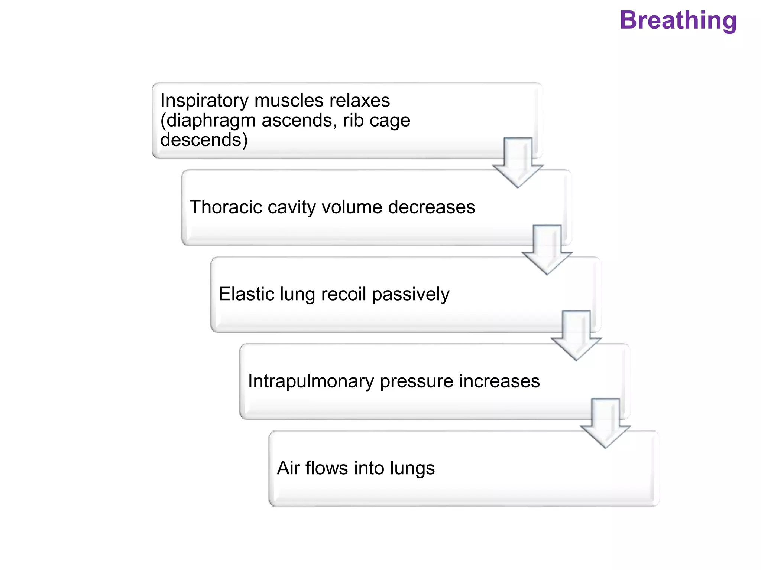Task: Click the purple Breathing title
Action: tap(678, 20)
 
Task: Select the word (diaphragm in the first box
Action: tap(208, 121)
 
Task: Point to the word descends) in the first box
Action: tap(204, 140)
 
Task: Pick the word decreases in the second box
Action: tap(431, 207)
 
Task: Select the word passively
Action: tap(411, 295)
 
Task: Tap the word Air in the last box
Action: tap(288, 468)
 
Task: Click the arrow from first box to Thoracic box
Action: tap(518, 163)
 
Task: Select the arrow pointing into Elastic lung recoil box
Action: tap(547, 250)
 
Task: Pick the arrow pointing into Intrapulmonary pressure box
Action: tap(576, 336)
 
